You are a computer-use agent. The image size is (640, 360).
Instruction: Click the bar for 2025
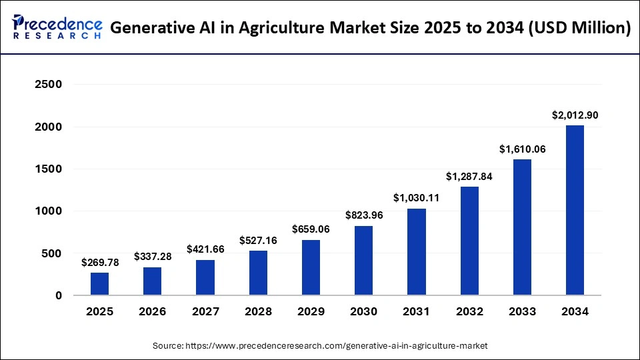point(99,284)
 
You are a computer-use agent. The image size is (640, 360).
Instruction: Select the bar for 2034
point(575,210)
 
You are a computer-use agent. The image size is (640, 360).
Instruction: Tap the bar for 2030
point(363,261)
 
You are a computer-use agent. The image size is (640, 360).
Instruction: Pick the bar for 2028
point(258,273)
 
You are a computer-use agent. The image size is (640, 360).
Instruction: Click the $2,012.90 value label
point(575,115)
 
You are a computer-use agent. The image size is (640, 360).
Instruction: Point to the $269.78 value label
point(99,263)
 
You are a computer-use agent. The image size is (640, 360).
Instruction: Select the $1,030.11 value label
point(416,198)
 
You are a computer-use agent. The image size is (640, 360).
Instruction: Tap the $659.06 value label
point(311,229)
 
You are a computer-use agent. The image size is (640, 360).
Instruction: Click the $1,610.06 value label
point(522,149)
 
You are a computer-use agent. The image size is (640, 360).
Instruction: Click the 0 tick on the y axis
point(58,295)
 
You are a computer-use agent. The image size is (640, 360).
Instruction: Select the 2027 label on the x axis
point(205,311)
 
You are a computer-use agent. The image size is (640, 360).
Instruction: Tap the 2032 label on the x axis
point(469,311)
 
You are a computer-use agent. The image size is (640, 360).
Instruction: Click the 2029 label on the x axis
point(311,311)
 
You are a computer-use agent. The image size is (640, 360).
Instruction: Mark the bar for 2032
point(469,241)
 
